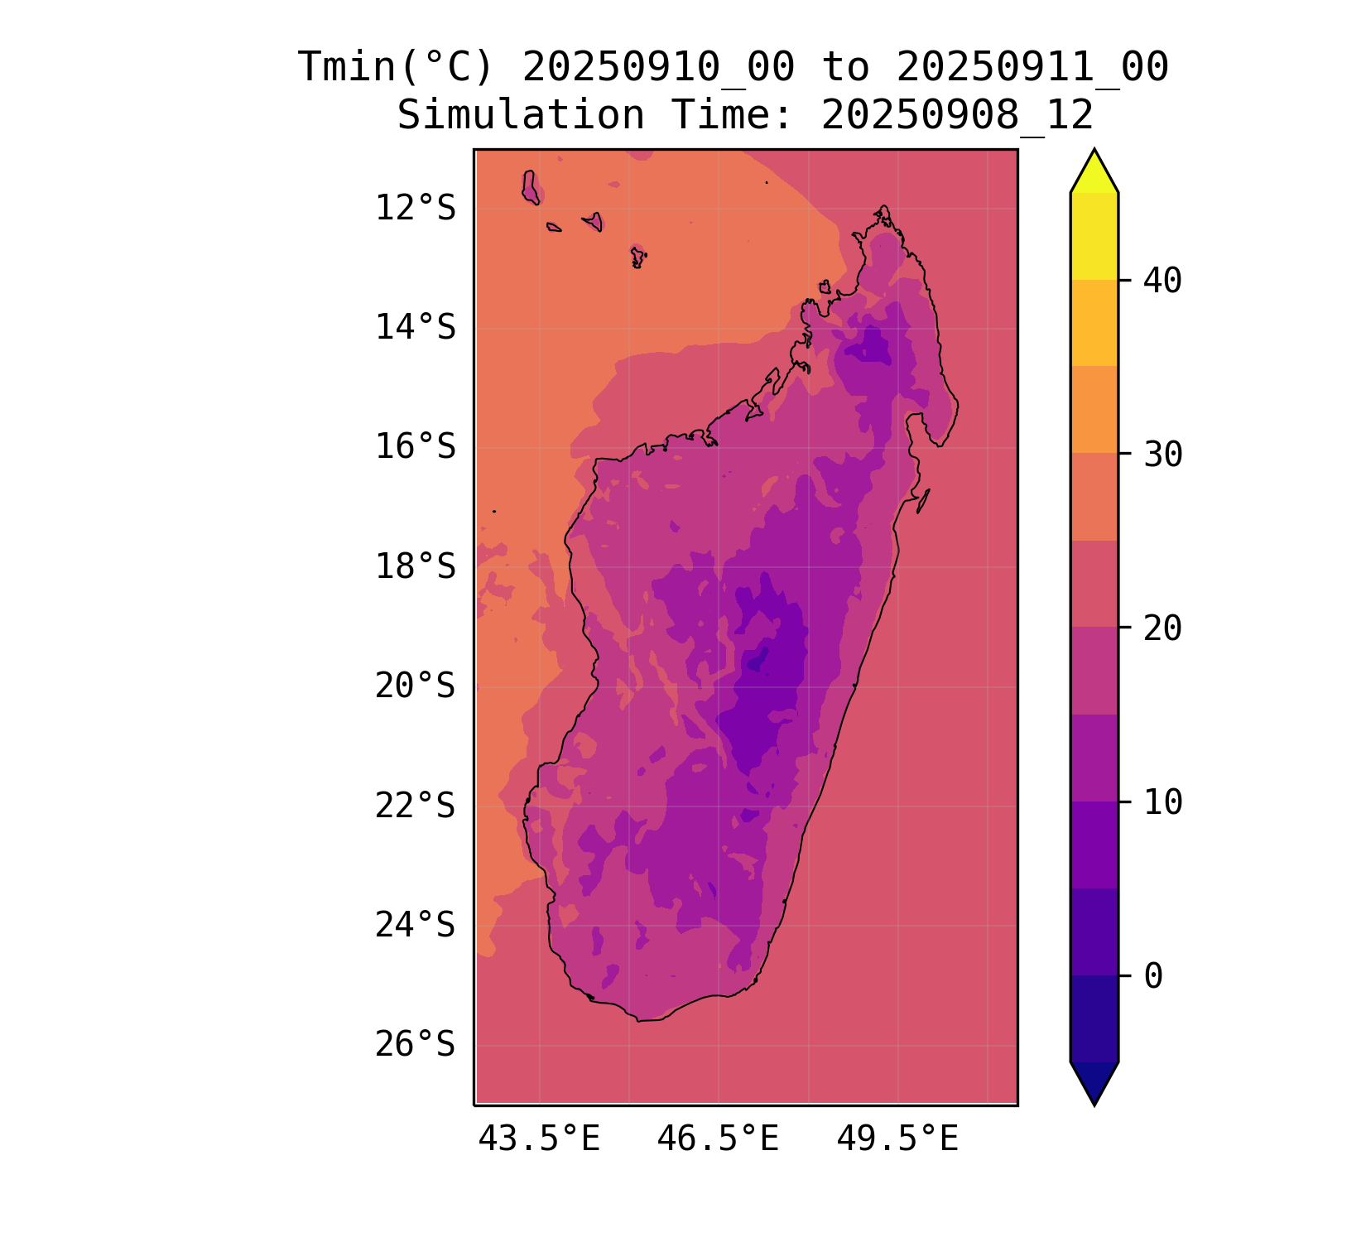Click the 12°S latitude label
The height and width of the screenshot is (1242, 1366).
(x=415, y=209)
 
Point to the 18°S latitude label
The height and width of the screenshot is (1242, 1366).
(x=415, y=567)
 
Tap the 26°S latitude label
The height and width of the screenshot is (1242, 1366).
(x=415, y=1045)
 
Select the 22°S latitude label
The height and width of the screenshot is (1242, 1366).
(x=415, y=806)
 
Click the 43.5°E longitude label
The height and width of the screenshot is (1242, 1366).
(x=539, y=1140)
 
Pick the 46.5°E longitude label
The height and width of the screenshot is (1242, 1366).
(x=718, y=1140)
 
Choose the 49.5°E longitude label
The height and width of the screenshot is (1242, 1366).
(x=897, y=1140)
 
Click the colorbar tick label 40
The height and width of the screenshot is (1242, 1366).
(x=1162, y=281)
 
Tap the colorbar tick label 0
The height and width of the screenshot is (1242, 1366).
(x=1153, y=976)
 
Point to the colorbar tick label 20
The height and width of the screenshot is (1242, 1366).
(x=1162, y=628)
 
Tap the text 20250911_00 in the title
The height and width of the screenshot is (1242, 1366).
(x=1032, y=67)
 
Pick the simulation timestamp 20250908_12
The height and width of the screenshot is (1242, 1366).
(x=957, y=115)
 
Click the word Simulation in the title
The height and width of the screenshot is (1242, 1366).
(x=521, y=115)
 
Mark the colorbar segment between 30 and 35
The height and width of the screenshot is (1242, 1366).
(x=1094, y=410)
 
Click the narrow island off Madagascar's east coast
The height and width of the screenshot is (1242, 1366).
(x=923, y=500)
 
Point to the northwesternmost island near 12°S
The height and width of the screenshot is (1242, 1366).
(x=531, y=187)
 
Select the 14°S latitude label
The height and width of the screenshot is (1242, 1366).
(x=415, y=328)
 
